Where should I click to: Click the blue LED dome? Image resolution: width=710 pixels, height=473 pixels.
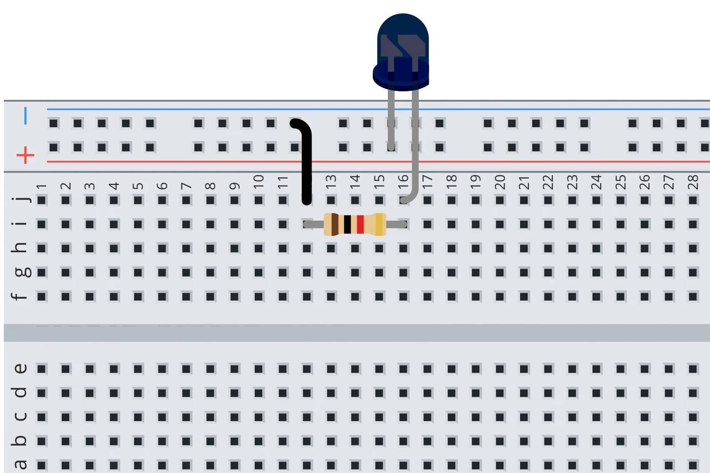[x=402, y=44]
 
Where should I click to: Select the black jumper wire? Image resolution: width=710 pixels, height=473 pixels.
[x=306, y=164]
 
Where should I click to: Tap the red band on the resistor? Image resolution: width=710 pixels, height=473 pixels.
[x=360, y=224]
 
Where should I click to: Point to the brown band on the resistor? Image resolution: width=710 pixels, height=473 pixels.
[x=335, y=224]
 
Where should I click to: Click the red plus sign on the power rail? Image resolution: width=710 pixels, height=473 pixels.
[x=25, y=155]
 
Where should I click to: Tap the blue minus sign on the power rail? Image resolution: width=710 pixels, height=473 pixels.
[x=25, y=116]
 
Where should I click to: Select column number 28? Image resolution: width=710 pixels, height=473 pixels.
[x=693, y=182]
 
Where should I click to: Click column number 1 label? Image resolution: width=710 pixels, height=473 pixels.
[x=42, y=187]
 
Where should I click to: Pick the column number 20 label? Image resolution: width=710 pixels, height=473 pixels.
[x=500, y=182]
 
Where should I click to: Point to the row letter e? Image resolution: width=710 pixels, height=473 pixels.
[x=20, y=368]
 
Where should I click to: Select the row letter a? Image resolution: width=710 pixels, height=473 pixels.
[x=20, y=465]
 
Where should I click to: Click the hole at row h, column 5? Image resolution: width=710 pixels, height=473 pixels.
[x=138, y=248]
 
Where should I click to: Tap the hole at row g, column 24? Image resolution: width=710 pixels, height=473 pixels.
[x=596, y=272]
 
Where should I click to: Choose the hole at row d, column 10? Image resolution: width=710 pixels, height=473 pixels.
[x=259, y=393]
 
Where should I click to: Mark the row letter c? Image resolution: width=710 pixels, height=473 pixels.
[x=20, y=417]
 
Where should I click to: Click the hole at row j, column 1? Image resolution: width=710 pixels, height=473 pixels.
[x=42, y=200]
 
